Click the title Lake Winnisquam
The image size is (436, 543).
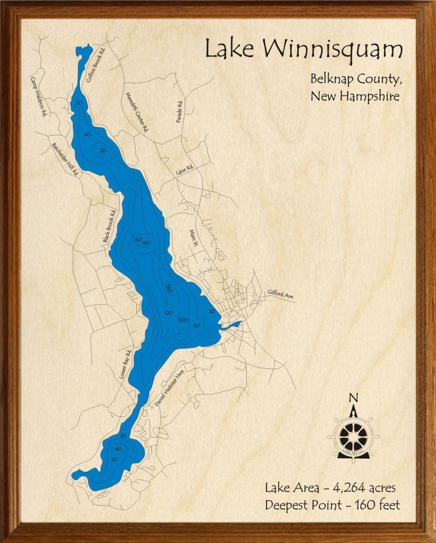coord(303,50)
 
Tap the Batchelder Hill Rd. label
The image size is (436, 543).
coord(66,160)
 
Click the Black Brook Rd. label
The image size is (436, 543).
coord(110,226)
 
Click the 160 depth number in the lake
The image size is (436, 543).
coord(168,289)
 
